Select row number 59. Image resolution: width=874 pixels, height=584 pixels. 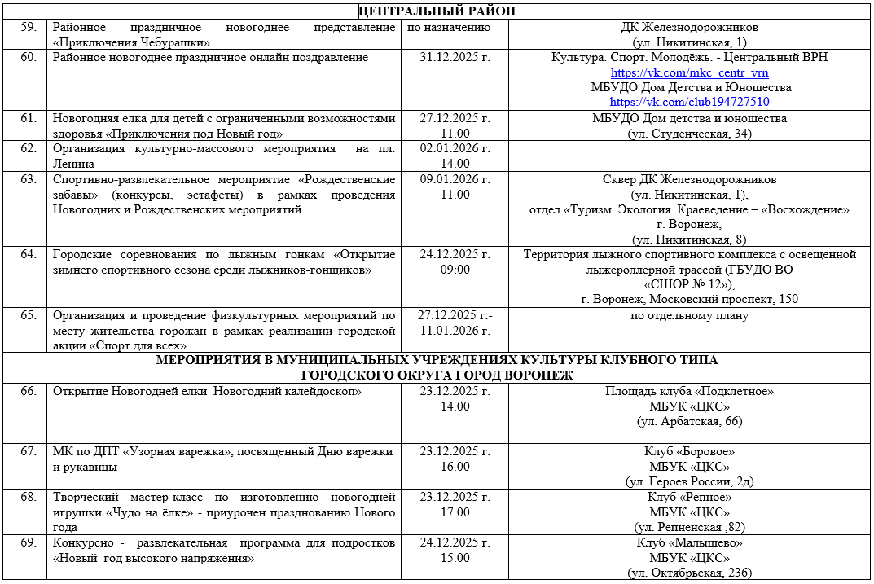coord(29,28)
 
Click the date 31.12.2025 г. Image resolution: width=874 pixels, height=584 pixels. coord(455,58)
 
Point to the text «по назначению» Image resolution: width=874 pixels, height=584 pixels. coord(448,28)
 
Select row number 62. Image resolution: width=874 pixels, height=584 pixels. coord(29,148)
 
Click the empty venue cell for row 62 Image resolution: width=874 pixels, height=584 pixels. coord(689,156)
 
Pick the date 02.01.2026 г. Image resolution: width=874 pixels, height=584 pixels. coord(455,148)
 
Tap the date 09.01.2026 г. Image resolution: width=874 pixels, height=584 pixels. coord(455,179)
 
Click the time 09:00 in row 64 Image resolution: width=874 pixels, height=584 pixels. coord(455,270)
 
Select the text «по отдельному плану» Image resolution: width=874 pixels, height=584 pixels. coord(689,316)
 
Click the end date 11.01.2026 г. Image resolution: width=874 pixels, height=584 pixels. coord(455,331)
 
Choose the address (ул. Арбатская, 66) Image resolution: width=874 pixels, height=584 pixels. coord(689,421)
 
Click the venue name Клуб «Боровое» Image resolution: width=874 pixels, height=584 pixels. coord(689,451)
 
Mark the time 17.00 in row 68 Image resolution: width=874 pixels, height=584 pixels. coord(455,512)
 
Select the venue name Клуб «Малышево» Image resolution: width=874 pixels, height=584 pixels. coord(689,542)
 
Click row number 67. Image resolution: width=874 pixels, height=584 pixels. coord(29,451)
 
